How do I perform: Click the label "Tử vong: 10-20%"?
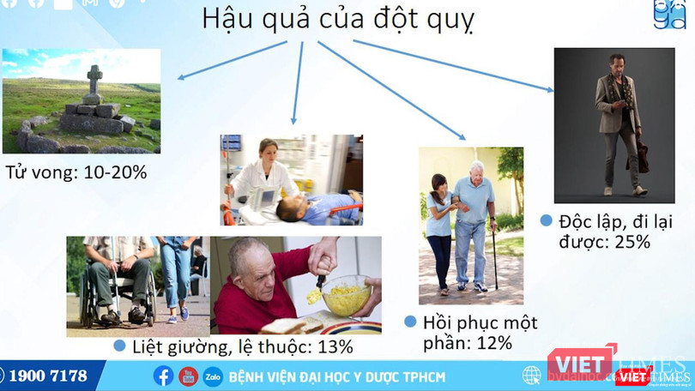coord(76,171)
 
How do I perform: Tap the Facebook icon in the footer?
coord(163,376)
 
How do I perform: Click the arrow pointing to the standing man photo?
coord(463,70)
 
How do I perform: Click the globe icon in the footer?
coord(532,375)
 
